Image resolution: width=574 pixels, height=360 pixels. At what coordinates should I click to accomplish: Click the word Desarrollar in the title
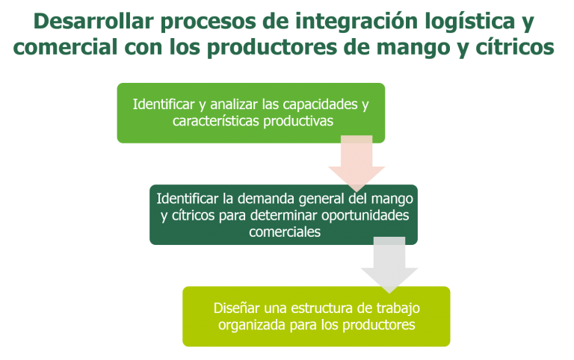(93, 21)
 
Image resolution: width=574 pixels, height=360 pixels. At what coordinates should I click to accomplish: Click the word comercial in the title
(65, 46)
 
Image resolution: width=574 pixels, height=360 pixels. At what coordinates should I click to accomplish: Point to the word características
(216, 121)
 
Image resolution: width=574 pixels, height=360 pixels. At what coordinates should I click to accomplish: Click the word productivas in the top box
(298, 122)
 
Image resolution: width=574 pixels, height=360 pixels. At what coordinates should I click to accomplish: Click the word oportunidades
(365, 216)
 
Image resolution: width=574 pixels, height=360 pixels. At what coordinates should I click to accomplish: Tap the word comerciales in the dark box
(285, 232)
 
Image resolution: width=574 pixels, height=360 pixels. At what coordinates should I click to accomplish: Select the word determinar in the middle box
(283, 216)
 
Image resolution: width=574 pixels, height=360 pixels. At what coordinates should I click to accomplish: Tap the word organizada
(252, 326)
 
